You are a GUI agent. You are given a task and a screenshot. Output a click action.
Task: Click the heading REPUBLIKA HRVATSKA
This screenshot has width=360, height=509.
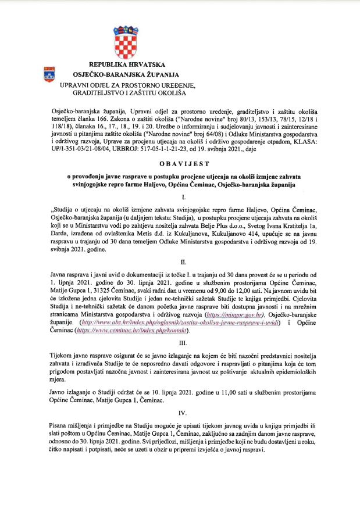126,64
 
